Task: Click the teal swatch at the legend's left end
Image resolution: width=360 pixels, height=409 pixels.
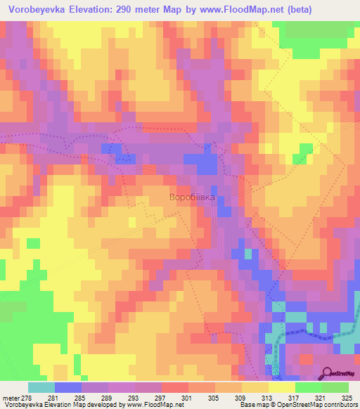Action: click(41, 387)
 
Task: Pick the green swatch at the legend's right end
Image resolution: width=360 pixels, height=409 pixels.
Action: click(335, 387)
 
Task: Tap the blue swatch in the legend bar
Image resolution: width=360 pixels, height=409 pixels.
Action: click(67, 387)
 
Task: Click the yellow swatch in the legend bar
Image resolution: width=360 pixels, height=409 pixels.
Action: click(281, 387)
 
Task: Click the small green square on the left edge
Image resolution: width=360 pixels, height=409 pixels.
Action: click(33, 243)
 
